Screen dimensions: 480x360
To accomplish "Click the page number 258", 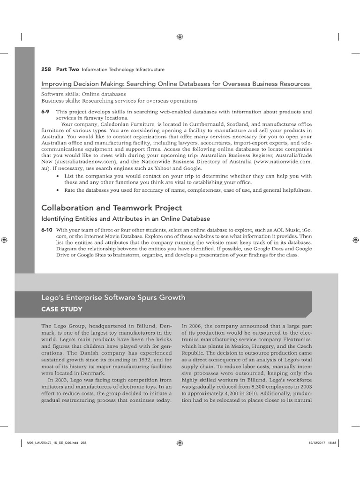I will pyautogui.click(x=46, y=69).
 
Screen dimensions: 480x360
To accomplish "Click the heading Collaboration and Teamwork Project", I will pyautogui.click(x=112, y=208).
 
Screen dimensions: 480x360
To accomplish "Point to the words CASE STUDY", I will pyautogui.click(x=62, y=309).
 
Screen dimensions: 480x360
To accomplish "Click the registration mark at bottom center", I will pyautogui.click(x=180, y=442).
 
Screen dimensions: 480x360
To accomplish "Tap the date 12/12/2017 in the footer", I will pyautogui.click(x=317, y=442).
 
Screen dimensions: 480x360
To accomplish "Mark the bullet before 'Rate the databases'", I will pyautogui.click(x=57, y=190).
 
